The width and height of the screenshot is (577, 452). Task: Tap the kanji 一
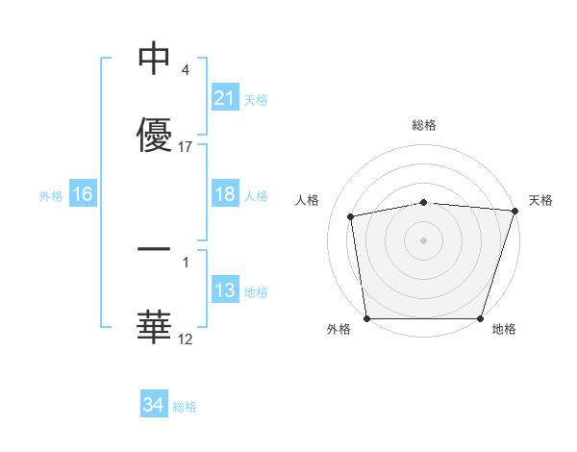154,250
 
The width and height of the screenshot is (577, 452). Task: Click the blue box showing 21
225,98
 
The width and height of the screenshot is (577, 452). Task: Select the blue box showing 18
225,194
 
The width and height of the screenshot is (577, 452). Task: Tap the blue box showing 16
83,194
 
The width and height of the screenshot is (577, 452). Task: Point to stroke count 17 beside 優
187,147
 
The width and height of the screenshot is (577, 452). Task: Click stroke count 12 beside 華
186,339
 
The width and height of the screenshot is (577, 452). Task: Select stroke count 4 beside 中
185,70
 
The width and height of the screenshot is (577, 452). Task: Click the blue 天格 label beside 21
256,99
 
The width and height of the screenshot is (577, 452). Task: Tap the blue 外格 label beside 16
51,195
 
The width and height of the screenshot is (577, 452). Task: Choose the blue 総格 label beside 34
185,406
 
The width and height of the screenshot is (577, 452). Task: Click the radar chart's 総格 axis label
424,126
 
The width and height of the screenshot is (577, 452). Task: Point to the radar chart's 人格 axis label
308,200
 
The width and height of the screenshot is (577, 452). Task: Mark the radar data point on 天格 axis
514,211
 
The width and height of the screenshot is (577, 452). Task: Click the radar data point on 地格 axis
480,318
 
